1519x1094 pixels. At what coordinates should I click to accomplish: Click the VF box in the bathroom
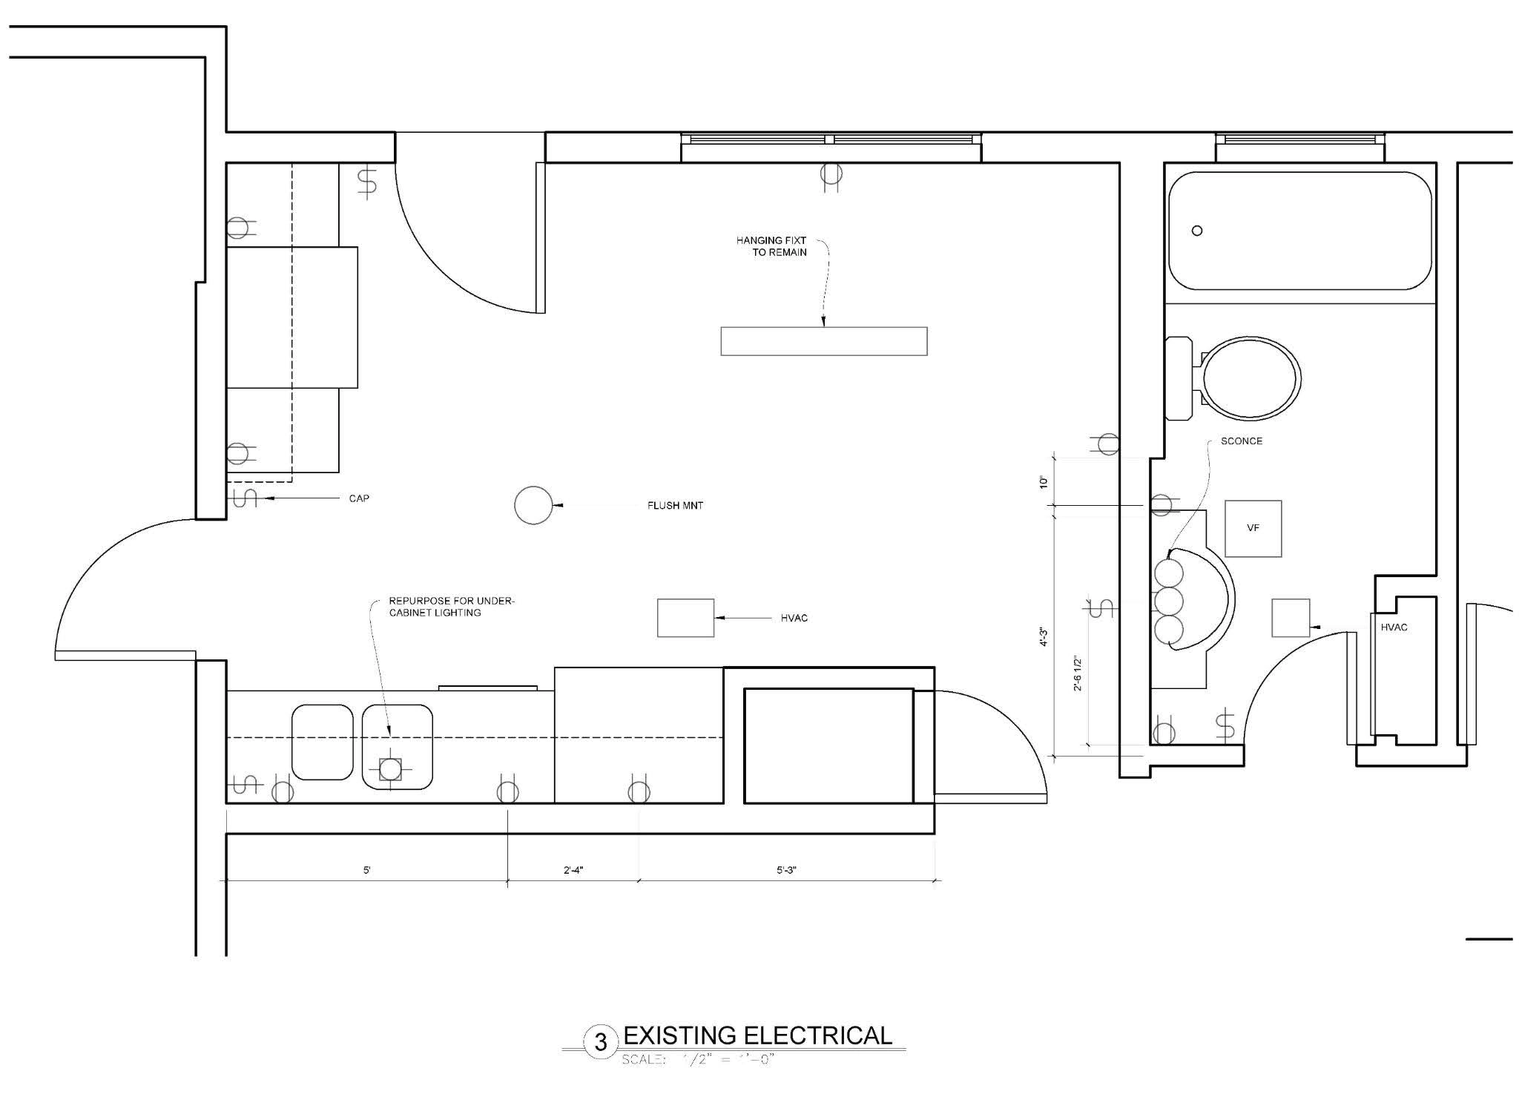coord(1253,528)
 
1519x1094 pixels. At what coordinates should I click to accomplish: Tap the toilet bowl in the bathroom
coord(1251,378)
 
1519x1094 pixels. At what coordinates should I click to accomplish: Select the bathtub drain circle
coord(1196,231)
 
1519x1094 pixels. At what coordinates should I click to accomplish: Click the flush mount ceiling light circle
coord(533,506)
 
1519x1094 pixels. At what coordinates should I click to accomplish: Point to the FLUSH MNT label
coord(675,506)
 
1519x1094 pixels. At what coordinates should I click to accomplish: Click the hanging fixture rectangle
coord(823,341)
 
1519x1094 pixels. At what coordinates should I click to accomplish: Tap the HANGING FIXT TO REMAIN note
coord(771,246)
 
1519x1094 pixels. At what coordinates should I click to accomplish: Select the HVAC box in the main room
coord(685,618)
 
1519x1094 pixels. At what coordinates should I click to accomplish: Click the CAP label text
coord(359,498)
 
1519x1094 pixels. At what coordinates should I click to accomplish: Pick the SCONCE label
coord(1241,441)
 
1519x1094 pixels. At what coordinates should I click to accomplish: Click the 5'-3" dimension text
coord(786,870)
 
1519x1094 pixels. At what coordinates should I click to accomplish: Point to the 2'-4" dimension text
coord(573,870)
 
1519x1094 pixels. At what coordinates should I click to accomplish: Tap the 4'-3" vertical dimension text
coord(1044,636)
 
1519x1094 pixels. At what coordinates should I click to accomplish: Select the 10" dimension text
coord(1044,482)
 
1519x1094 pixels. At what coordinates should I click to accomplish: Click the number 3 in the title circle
coord(601,1043)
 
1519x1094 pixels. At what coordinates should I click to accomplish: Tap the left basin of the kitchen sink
coord(322,742)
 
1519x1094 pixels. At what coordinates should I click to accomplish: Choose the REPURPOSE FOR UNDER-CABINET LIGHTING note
coord(451,607)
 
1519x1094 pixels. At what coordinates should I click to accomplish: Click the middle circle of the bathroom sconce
coord(1169,601)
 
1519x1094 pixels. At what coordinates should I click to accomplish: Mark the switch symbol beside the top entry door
coord(367,182)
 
